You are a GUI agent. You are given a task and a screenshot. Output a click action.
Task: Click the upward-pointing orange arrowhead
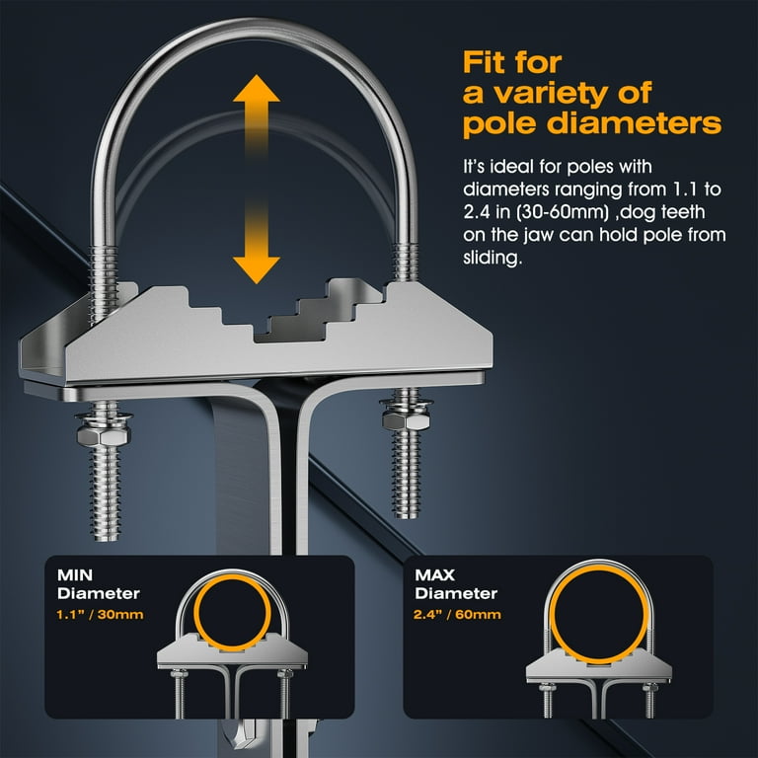(257, 90)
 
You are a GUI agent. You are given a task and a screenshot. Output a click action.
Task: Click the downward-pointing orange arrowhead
(257, 269)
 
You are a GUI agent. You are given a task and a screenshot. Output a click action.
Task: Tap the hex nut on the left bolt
(104, 435)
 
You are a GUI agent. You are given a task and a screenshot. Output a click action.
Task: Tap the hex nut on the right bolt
(406, 420)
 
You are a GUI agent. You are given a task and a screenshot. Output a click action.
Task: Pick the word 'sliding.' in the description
(493, 258)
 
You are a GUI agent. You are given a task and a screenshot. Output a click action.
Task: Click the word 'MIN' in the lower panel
(75, 574)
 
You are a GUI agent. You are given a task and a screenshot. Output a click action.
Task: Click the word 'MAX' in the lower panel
(434, 574)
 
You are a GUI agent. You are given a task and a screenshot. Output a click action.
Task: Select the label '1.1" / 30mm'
(100, 615)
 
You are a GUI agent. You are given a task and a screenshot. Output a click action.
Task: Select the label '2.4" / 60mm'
(457, 615)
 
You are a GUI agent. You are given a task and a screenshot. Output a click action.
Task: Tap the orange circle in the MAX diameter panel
(599, 568)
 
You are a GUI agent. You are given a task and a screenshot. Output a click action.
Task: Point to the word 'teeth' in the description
(683, 212)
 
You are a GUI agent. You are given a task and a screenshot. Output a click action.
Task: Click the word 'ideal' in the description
(512, 167)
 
